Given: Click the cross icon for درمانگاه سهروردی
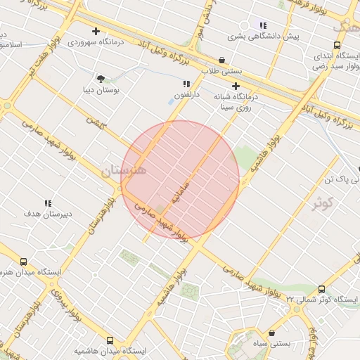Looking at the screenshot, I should (x=96, y=31).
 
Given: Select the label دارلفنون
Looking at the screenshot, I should (x=188, y=94).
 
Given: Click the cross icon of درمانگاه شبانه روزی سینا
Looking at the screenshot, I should (x=236, y=85).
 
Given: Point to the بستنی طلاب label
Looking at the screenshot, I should (x=222, y=71).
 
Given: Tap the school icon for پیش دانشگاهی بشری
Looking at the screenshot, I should (x=263, y=25).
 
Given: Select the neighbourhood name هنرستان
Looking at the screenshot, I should (x=124, y=170).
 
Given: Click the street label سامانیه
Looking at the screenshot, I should (x=179, y=186).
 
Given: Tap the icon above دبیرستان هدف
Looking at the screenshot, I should (x=48, y=203).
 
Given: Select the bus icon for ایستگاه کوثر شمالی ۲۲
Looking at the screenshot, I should (x=321, y=289).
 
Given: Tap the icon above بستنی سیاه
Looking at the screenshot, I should (x=272, y=333).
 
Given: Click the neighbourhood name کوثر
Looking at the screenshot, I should (x=322, y=203).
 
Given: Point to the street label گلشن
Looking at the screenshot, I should (x=95, y=121).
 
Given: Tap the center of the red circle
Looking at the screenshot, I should (x=180, y=179).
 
